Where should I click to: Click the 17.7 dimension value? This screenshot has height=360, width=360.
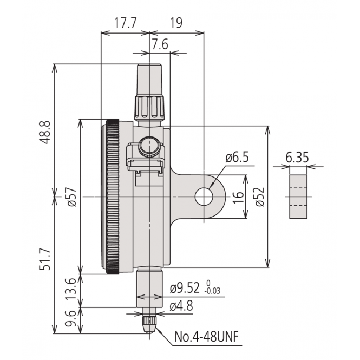pyautogui.click(x=125, y=24)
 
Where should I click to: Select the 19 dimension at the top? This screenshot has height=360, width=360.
pyautogui.click(x=176, y=24)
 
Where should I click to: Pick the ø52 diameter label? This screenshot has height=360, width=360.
pyautogui.click(x=259, y=197)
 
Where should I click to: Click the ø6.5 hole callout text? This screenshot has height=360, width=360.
pyautogui.click(x=237, y=158)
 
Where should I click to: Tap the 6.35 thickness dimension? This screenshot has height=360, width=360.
pyautogui.click(x=297, y=158)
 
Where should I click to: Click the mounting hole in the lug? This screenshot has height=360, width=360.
pyautogui.click(x=204, y=197)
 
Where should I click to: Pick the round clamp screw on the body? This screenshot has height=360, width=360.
pyautogui.click(x=148, y=145)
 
